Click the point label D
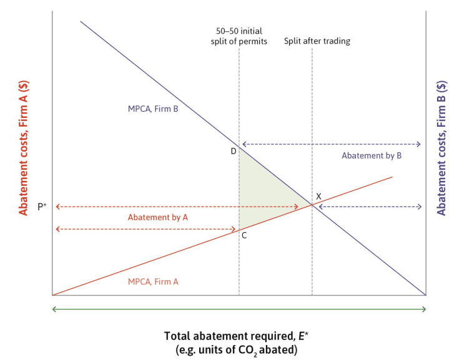click(x=234, y=151)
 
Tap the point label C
click(x=244, y=236)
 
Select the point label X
click(x=318, y=197)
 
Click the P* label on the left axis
click(x=42, y=207)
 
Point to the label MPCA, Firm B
click(x=153, y=109)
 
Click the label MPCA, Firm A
click(x=153, y=281)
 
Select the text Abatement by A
click(x=158, y=217)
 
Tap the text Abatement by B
click(x=371, y=155)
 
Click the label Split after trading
click(x=317, y=41)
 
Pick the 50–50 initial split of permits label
click(x=239, y=36)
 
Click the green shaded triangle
click(x=262, y=195)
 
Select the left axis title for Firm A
click(x=24, y=148)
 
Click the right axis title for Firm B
click(x=441, y=148)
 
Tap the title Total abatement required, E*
click(x=236, y=336)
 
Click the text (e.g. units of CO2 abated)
click(x=236, y=350)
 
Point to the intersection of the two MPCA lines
click(x=312, y=205)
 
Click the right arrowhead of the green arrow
click(x=424, y=309)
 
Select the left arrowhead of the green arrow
click(x=54, y=309)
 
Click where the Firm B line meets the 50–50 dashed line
click(x=239, y=147)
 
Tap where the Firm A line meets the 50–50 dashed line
click(x=239, y=230)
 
